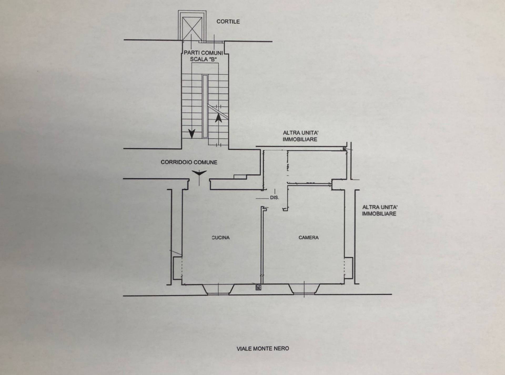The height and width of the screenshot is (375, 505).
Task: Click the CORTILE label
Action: click(228, 22)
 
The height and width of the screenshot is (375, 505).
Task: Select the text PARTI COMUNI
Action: click(203, 53)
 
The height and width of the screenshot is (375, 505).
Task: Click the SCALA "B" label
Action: click(203, 59)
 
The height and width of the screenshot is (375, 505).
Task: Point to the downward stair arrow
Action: click(192, 134)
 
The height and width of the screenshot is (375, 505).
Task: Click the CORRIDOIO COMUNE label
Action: click(189, 162)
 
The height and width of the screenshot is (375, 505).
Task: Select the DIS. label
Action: click(275, 198)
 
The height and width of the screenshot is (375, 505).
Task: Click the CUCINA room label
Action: click(221, 238)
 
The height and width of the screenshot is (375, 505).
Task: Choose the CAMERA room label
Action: click(309, 238)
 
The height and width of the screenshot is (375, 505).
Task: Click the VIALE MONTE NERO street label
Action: click(263, 349)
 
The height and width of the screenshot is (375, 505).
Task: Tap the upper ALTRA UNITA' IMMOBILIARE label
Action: click(300, 136)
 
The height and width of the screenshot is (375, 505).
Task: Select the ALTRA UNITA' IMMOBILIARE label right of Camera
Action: click(380, 210)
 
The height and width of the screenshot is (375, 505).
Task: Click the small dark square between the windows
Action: click(258, 288)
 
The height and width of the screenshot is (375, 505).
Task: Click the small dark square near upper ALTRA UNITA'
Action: click(345, 149)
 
